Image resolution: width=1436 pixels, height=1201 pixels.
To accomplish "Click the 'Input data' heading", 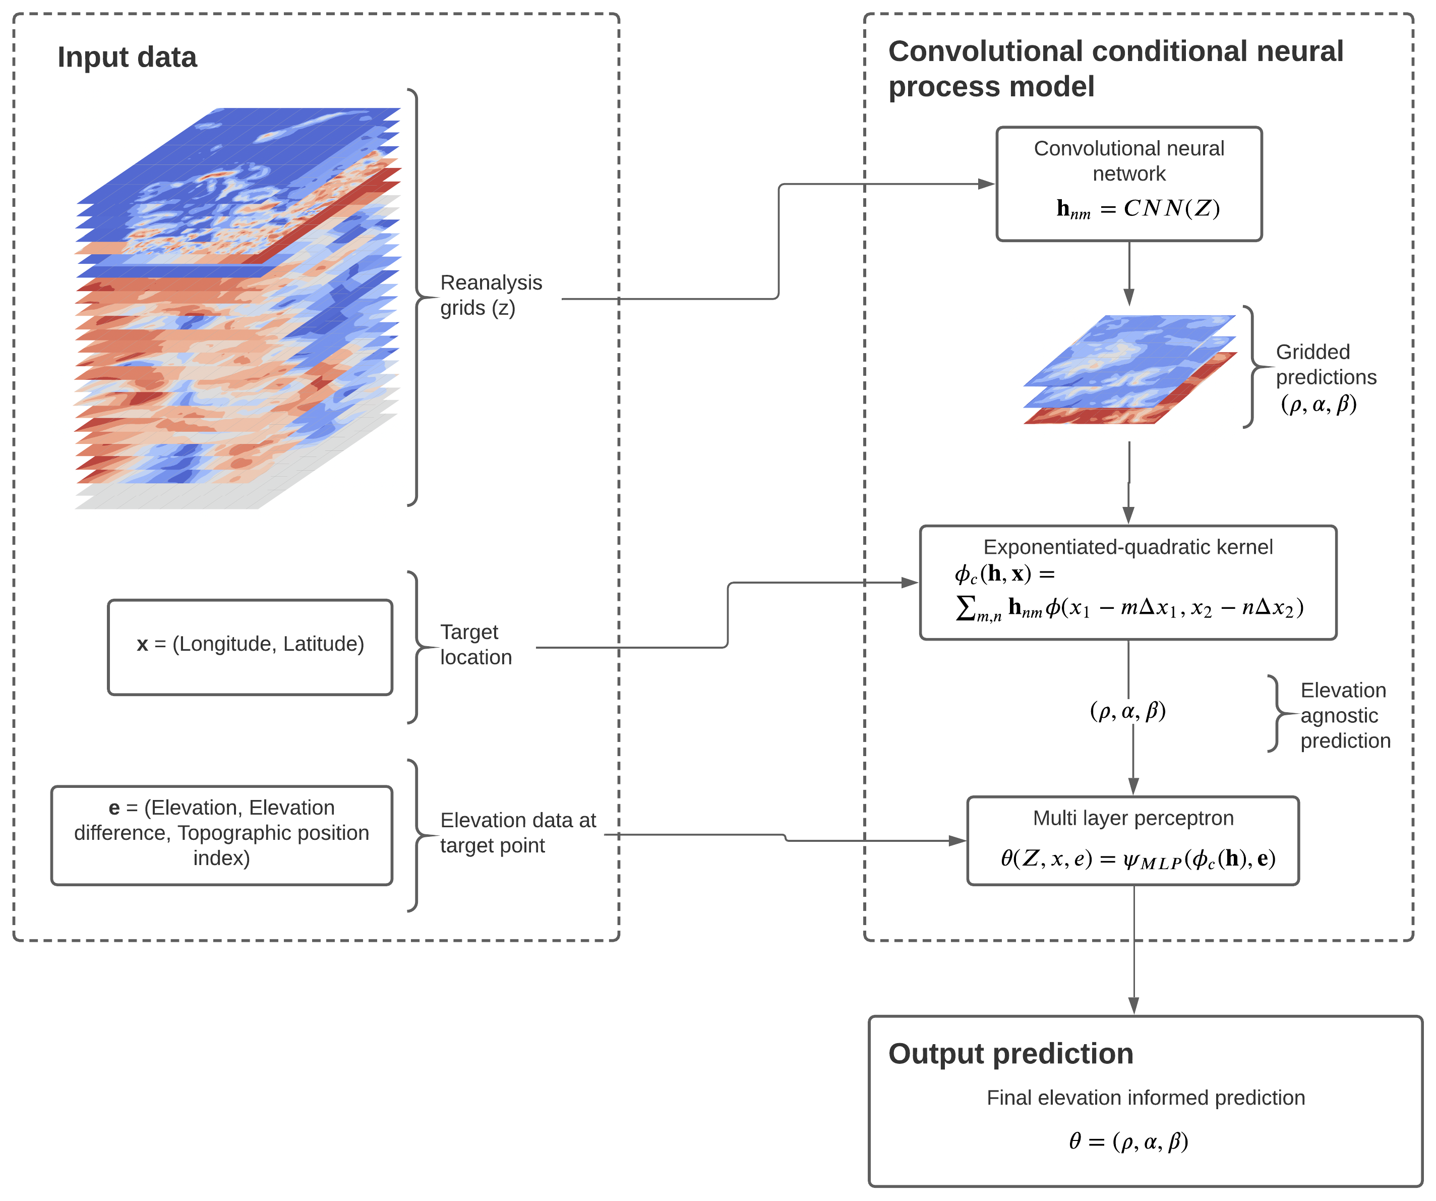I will pos(127,58).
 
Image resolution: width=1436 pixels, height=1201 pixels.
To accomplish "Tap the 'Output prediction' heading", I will pos(1010,1054).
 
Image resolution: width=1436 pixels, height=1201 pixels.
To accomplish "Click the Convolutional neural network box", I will pos(1129,183).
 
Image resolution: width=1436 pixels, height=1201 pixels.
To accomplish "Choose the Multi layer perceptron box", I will pos(1132,840).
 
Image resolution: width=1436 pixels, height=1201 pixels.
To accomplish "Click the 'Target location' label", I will pos(475,644).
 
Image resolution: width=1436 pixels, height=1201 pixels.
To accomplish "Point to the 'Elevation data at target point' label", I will pos(518,832).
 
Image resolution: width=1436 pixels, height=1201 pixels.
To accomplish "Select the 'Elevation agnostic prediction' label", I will pos(1344,715).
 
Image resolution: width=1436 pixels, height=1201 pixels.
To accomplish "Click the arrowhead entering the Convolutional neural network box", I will pos(987,184).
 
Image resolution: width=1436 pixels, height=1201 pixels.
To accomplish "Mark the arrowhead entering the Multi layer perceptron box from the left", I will pos(958,840).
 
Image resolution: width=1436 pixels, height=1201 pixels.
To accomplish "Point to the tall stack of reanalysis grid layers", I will pos(237,308).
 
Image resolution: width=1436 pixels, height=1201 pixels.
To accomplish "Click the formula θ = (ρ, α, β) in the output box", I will pos(1128,1141).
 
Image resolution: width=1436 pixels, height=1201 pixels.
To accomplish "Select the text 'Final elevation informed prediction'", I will pos(1146,1098).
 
